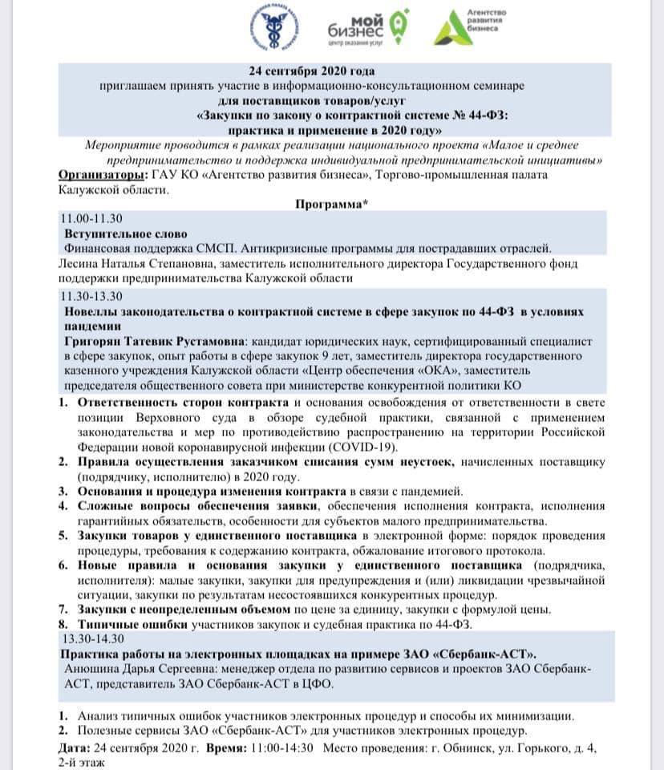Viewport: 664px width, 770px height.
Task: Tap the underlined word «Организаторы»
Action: (102, 175)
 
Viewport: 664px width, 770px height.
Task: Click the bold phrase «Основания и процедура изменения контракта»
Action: (213, 491)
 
